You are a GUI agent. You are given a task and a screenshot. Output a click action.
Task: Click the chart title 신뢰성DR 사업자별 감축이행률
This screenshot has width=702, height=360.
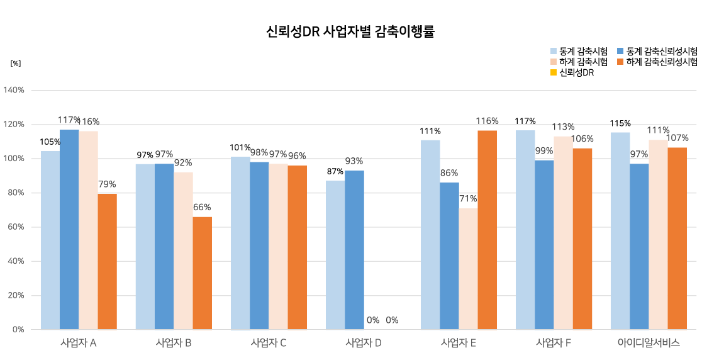pyautogui.click(x=350, y=31)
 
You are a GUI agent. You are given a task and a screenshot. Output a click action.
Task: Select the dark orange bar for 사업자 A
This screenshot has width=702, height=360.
pyautogui.click(x=107, y=261)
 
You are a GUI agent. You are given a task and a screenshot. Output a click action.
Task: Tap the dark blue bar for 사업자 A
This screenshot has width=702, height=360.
pyautogui.click(x=69, y=230)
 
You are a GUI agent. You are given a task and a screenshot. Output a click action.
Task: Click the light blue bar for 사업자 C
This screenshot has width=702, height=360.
pyautogui.click(x=240, y=243)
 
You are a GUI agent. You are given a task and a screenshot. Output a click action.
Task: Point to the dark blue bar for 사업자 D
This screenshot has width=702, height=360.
pyautogui.click(x=354, y=250)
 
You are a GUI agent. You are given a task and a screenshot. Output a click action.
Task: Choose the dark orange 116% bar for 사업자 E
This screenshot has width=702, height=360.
pyautogui.click(x=487, y=230)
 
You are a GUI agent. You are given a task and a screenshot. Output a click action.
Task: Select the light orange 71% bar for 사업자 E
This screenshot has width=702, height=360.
pyautogui.click(x=468, y=269)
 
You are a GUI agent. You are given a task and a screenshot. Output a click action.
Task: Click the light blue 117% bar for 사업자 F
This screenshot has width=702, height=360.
pyautogui.click(x=525, y=230)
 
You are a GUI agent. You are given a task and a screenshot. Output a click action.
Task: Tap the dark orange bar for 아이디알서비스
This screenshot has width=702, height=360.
pyautogui.click(x=677, y=239)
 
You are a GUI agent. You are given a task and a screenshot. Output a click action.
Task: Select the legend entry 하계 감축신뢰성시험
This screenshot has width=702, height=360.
pyautogui.click(x=657, y=62)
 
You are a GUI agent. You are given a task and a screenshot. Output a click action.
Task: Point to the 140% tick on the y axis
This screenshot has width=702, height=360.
pyautogui.click(x=14, y=90)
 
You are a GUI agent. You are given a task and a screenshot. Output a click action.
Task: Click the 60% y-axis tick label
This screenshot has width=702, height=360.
pyautogui.click(x=16, y=227)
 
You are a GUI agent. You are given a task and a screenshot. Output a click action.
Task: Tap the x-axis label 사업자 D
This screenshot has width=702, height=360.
pyautogui.click(x=364, y=344)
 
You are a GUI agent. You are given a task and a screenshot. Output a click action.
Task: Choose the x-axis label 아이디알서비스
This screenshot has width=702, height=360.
pyautogui.click(x=649, y=344)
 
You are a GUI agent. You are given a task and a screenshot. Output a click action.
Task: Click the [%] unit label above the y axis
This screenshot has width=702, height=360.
pyautogui.click(x=16, y=64)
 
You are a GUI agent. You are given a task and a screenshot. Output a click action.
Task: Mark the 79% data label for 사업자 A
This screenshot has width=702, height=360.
pyautogui.click(x=107, y=184)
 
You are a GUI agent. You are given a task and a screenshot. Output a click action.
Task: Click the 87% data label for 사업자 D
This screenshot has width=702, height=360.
pyautogui.click(x=335, y=171)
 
